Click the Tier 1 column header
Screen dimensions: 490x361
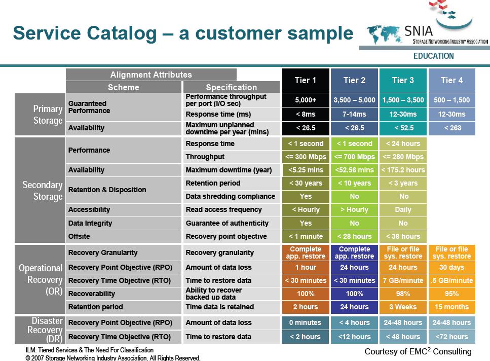[x=306, y=80]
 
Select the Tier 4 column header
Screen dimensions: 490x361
[x=452, y=80]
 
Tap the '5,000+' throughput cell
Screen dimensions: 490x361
[x=306, y=100]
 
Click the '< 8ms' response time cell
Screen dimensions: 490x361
[x=306, y=114]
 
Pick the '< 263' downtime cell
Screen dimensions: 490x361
[x=452, y=128]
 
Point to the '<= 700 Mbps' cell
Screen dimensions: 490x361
[x=354, y=157]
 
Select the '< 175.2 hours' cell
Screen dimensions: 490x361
[x=403, y=170]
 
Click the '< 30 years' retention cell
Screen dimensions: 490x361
[x=306, y=183]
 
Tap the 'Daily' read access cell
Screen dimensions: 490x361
[x=403, y=209]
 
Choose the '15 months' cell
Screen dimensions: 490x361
[x=452, y=307]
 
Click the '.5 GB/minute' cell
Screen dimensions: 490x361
[x=452, y=280]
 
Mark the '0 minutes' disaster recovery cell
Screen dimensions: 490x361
[x=305, y=322]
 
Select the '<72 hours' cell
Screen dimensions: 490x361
[x=452, y=337]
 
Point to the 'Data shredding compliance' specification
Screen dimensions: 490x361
[x=231, y=196]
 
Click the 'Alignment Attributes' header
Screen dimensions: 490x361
[x=151, y=75]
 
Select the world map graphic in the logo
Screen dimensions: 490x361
[x=384, y=34]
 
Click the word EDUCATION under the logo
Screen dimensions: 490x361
[x=433, y=56]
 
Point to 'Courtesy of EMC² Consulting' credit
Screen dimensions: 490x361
[x=418, y=351]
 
